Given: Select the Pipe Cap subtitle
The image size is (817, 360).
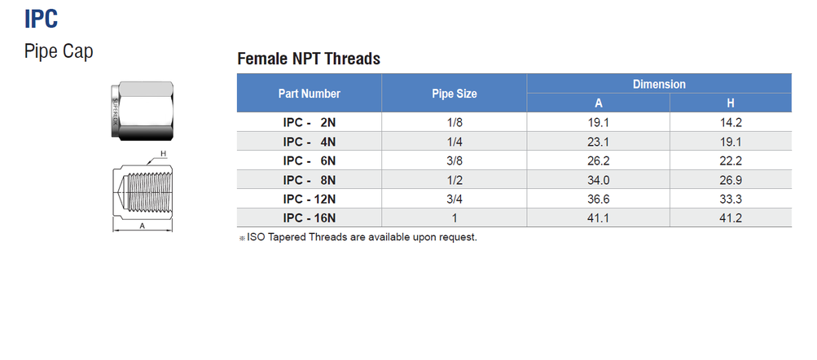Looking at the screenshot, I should [59, 51].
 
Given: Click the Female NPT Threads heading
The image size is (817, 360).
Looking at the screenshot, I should [308, 59].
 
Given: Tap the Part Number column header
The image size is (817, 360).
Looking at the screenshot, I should [309, 94].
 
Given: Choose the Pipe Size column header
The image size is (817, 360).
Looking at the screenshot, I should [454, 94].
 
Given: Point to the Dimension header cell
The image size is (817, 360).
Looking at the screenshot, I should [659, 84].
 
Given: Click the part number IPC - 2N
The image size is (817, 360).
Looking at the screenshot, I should [309, 122].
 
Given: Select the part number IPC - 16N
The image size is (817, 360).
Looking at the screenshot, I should [309, 217].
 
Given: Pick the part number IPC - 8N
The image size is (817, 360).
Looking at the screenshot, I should [309, 179].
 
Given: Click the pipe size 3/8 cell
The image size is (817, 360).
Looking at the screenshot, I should [454, 160].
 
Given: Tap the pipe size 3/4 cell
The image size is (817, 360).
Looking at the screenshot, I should [454, 199].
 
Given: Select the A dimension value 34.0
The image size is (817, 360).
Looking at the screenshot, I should [598, 179].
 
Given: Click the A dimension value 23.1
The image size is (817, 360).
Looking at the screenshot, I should [598, 142].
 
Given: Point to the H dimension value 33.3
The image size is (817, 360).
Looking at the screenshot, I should [730, 199].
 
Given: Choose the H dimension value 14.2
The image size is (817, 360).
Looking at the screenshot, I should [730, 122].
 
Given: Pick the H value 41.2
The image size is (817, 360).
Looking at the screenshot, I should [730, 217].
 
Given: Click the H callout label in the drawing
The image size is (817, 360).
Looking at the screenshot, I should [163, 153].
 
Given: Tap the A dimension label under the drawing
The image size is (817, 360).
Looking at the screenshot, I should [142, 226].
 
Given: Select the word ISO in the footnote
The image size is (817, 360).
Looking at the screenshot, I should [256, 238].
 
